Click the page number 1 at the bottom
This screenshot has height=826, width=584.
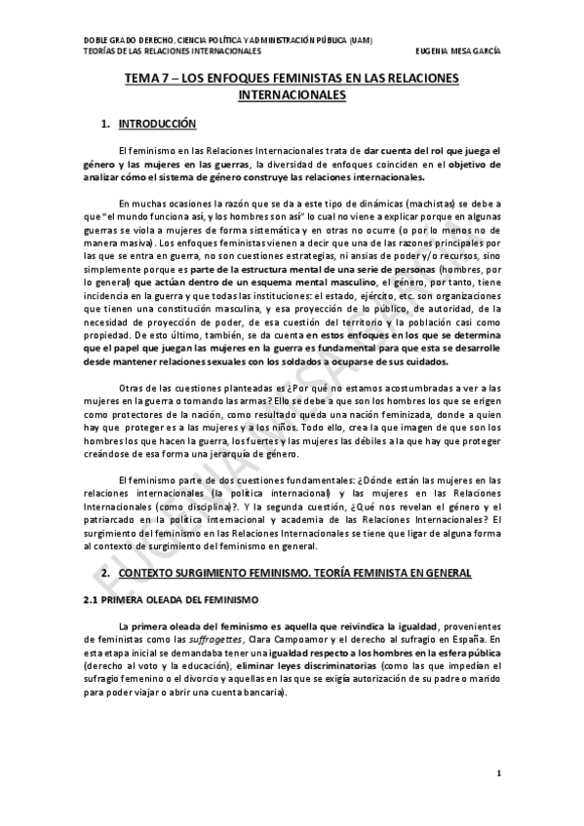(x=498, y=774)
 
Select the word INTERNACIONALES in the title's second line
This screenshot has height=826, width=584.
(x=292, y=97)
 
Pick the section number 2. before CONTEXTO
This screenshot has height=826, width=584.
(x=106, y=574)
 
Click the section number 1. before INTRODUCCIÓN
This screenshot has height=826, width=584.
(x=106, y=125)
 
